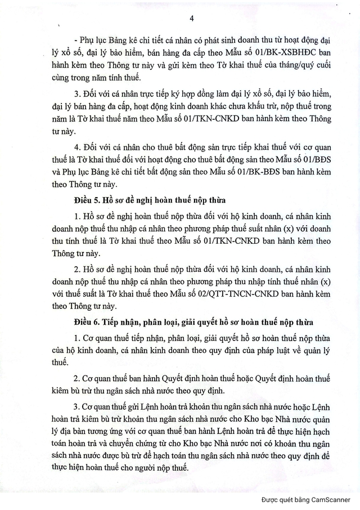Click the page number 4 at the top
pyautogui.click(x=192, y=19)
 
